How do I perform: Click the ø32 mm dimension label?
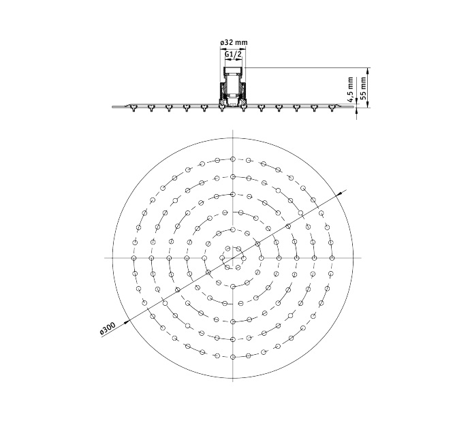point(234,42)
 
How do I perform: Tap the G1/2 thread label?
point(233,54)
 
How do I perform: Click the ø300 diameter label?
point(108,328)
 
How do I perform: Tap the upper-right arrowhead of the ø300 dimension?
point(340,193)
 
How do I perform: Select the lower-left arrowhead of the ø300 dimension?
point(127,321)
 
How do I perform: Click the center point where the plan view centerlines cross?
point(233,257)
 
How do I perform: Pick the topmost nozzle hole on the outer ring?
point(233,159)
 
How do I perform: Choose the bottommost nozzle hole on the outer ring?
point(233,357)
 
